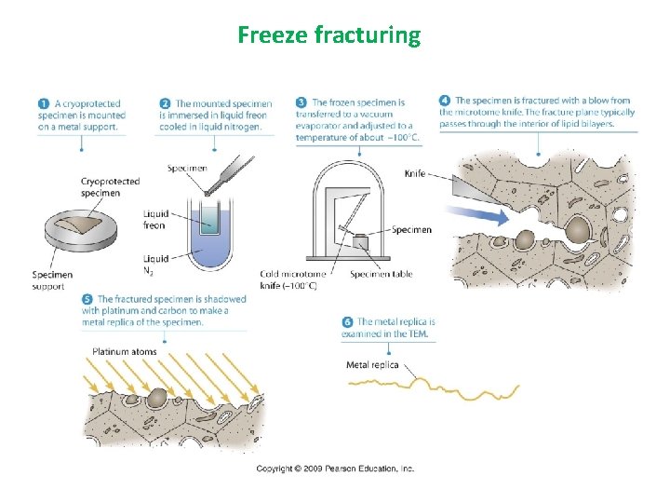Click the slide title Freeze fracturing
pyautogui.click(x=328, y=35)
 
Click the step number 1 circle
pyautogui.click(x=44, y=103)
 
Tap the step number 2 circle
pyautogui.click(x=165, y=103)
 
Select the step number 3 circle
pyautogui.click(x=301, y=102)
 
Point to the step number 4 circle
pyautogui.click(x=445, y=101)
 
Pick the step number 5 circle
pyautogui.click(x=87, y=299)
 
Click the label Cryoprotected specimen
pyautogui.click(x=110, y=187)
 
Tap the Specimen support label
pyautogui.click(x=52, y=280)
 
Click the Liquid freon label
pyautogui.click(x=155, y=219)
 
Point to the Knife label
pyautogui.click(x=415, y=174)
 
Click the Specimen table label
pyautogui.click(x=382, y=274)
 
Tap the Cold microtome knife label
pyautogui.click(x=293, y=279)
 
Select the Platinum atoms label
pyautogui.click(x=124, y=351)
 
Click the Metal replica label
pyautogui.click(x=372, y=364)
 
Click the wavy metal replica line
pyautogui.click(x=437, y=387)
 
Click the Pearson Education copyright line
pyautogui.click(x=335, y=469)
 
